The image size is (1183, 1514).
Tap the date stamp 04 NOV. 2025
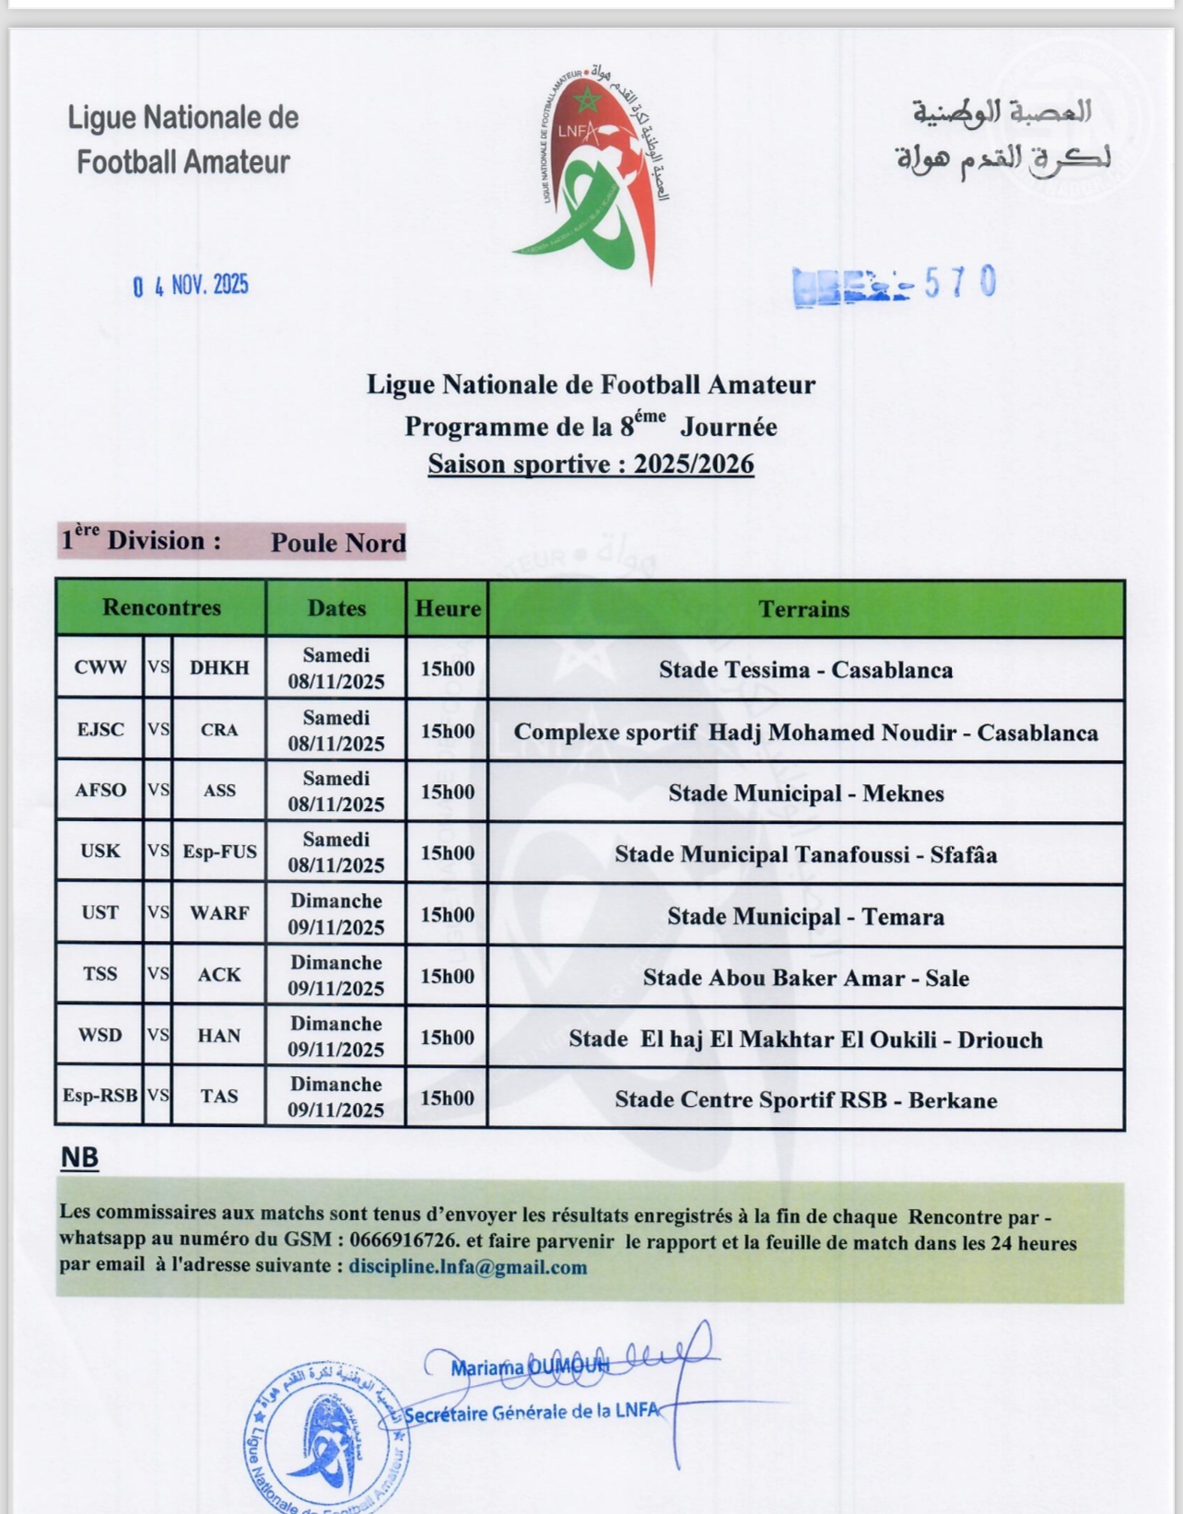(191, 286)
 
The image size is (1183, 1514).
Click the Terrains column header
(804, 609)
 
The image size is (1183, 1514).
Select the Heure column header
(448, 609)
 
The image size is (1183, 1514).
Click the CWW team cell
(100, 668)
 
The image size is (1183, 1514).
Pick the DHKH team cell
(219, 668)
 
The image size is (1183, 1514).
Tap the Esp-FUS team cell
(219, 851)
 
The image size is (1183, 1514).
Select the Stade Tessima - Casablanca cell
(805, 670)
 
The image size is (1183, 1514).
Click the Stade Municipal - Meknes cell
(805, 793)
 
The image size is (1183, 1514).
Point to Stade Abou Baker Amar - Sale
(805, 978)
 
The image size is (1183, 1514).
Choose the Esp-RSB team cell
(100, 1097)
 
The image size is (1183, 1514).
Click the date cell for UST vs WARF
(336, 914)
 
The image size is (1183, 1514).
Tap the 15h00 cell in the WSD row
(447, 1038)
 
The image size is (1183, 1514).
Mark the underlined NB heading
(79, 1157)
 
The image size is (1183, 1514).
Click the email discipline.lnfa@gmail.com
(468, 1267)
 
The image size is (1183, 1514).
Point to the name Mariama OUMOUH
(530, 1368)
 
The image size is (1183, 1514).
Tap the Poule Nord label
(338, 543)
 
